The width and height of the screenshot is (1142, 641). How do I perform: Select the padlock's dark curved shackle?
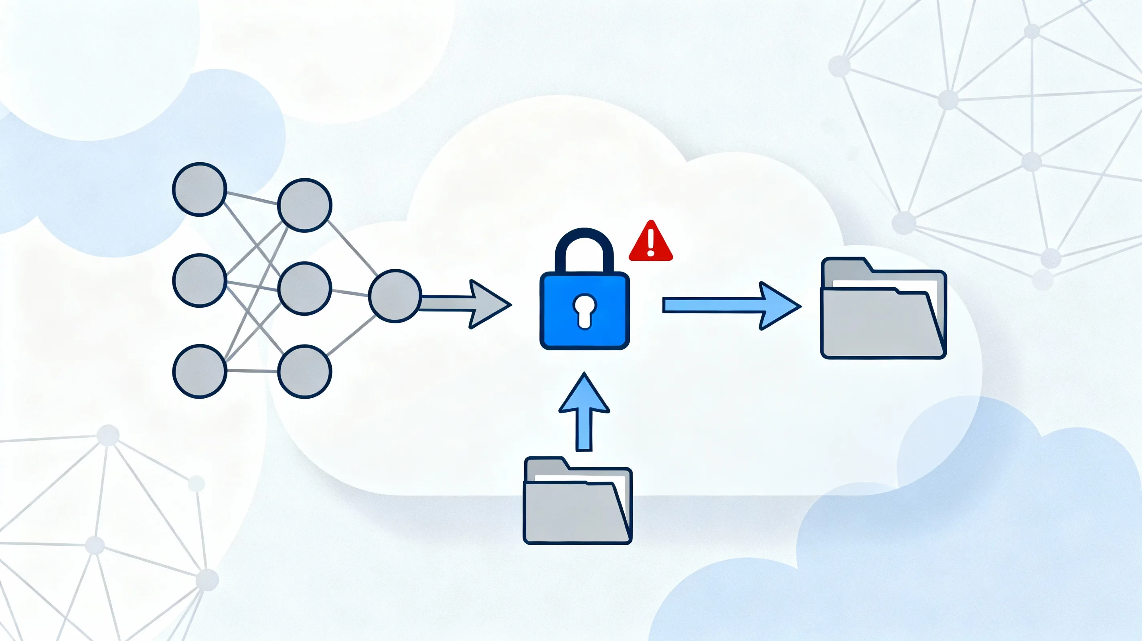(x=584, y=248)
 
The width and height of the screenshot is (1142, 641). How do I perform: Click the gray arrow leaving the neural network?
(x=466, y=304)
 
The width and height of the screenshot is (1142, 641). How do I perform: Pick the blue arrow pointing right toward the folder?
(x=731, y=306)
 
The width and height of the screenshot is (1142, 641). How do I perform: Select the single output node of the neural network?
(x=395, y=296)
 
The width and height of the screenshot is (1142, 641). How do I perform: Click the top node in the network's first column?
(x=200, y=189)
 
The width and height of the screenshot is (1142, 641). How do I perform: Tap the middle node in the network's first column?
(x=200, y=280)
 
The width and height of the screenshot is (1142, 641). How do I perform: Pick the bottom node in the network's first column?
(x=200, y=371)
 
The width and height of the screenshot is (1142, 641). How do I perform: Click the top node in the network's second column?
(x=305, y=205)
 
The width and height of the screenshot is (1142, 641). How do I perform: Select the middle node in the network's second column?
(x=305, y=288)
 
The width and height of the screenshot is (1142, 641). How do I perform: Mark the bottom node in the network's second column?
(x=305, y=371)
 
